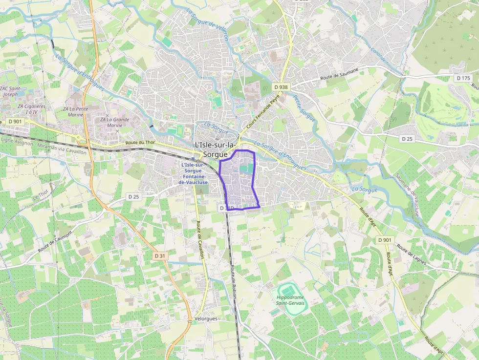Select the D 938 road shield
pyautogui.click(x=281, y=87)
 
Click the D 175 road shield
pyautogui.click(x=462, y=78)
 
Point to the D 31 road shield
pyautogui.click(x=160, y=255)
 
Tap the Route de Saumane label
pyautogui.click(x=339, y=74)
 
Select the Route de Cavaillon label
pyautogui.click(x=200, y=236)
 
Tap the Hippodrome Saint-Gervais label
pyautogui.click(x=290, y=300)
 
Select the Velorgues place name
pyautogui.click(x=205, y=318)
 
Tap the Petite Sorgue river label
pyautogui.click(x=304, y=108)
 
